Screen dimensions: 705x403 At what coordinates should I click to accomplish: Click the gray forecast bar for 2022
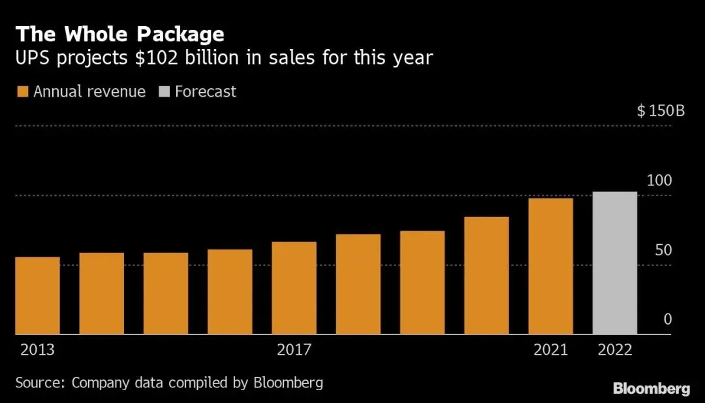(x=615, y=263)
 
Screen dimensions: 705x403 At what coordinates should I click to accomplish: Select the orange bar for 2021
(x=551, y=266)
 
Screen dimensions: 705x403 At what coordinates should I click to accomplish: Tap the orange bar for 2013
(x=37, y=295)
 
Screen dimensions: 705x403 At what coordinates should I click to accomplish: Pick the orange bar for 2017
(x=294, y=288)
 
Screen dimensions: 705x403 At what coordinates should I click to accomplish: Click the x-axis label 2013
(x=37, y=349)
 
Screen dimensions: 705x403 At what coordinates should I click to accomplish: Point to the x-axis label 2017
(x=294, y=349)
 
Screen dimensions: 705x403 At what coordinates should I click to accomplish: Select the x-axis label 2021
(x=551, y=349)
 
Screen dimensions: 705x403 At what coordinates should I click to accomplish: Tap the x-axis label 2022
(x=615, y=349)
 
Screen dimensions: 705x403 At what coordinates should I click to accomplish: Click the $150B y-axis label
(x=661, y=110)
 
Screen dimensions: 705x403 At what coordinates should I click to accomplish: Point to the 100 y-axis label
(x=659, y=181)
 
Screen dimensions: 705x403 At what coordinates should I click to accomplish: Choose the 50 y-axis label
(x=663, y=250)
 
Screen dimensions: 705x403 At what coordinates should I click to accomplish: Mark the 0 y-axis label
(x=668, y=319)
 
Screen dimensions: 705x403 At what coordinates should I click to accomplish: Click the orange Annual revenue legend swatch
(x=22, y=91)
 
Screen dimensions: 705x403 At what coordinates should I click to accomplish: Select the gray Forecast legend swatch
(x=164, y=91)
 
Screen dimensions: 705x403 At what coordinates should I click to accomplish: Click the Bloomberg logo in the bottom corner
(x=651, y=389)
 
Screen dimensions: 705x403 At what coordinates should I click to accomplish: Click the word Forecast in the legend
(x=206, y=91)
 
